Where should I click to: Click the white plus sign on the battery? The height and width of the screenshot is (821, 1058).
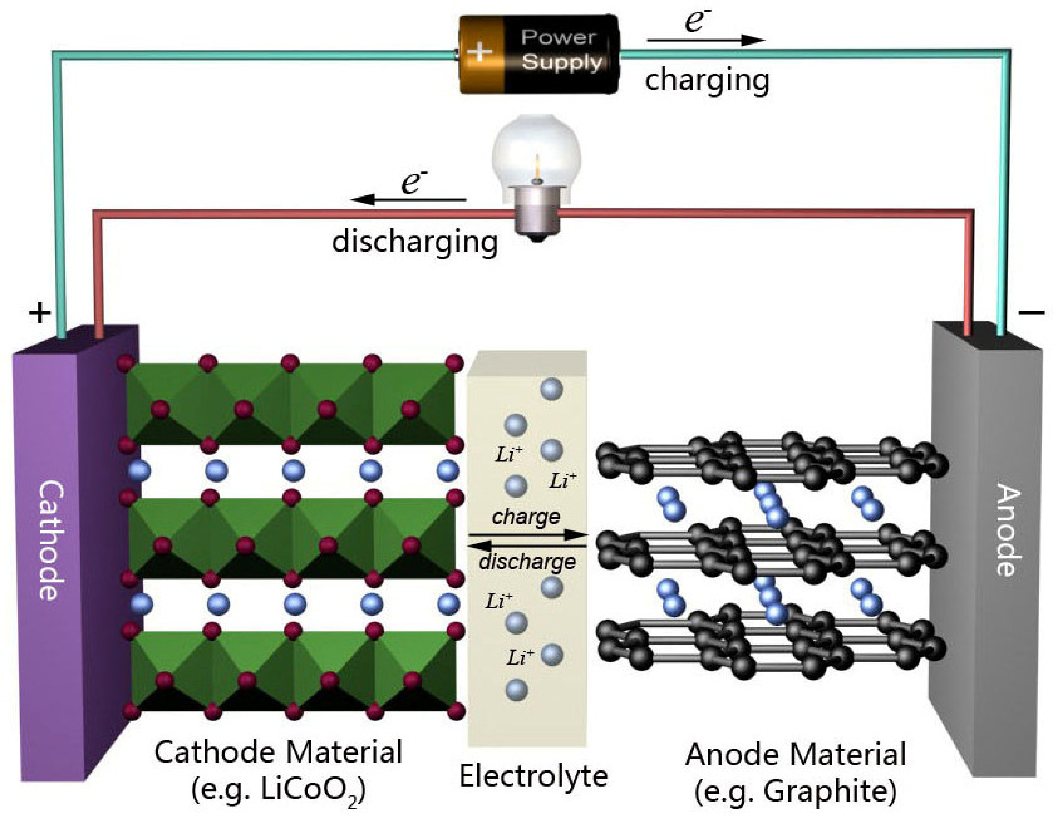(x=479, y=51)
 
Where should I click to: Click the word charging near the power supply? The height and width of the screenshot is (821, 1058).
(x=707, y=80)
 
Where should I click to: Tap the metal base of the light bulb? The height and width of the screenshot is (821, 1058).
(x=537, y=213)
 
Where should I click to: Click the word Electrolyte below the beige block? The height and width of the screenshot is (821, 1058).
(x=533, y=776)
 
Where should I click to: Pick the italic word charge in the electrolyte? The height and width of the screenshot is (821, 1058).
(x=526, y=517)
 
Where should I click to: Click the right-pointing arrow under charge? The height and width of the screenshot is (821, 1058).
(x=528, y=535)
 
